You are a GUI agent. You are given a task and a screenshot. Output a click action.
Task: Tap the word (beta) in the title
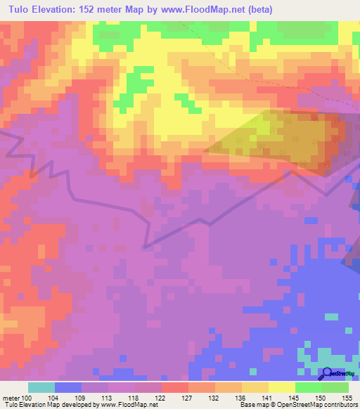[257, 9]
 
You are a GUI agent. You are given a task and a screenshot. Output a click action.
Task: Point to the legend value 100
[27, 397]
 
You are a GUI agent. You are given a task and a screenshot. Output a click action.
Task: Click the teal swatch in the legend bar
[41, 387]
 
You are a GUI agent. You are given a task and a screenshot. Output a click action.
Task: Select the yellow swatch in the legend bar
[282, 387]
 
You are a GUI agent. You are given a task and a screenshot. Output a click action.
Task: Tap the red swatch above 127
[175, 387]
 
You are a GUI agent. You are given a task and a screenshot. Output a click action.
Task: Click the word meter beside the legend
[10, 397]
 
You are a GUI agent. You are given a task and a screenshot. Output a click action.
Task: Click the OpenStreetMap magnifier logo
[328, 373]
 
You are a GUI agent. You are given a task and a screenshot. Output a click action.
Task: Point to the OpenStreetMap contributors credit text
[324, 405]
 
